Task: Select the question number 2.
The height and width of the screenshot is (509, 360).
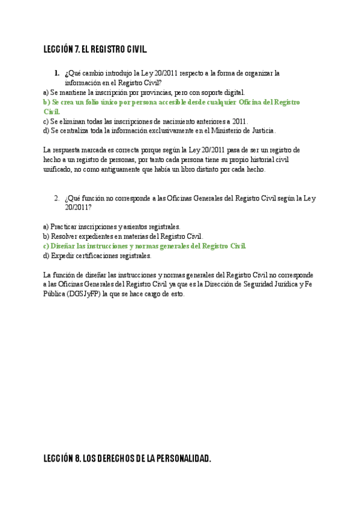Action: pos(56,198)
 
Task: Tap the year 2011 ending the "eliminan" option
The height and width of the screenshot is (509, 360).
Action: pos(239,121)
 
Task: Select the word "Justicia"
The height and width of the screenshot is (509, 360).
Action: pos(262,130)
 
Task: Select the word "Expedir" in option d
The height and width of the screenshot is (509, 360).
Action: pos(63,255)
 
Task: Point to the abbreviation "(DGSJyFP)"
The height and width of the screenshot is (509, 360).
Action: pos(83,295)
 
